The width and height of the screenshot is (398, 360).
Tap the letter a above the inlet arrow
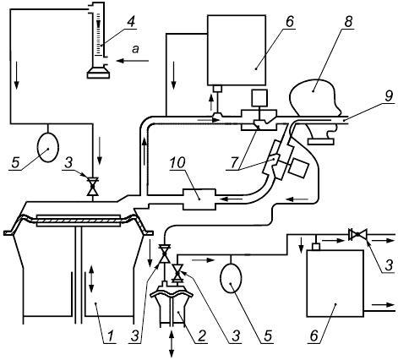click(136, 49)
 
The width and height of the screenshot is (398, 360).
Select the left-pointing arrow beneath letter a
click(134, 60)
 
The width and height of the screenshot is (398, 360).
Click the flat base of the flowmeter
click(98, 74)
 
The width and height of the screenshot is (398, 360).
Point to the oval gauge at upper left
click(48, 147)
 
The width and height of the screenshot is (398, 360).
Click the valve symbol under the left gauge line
click(92, 187)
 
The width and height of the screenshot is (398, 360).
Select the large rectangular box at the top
click(237, 50)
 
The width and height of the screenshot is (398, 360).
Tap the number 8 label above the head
click(348, 21)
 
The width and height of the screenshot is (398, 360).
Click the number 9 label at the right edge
click(389, 95)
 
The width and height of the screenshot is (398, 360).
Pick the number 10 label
click(177, 163)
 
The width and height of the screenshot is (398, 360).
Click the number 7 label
click(233, 164)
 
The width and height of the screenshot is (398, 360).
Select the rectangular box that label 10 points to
click(199, 199)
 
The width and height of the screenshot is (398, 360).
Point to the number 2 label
click(201, 335)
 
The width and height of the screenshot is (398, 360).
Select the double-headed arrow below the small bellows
click(172, 344)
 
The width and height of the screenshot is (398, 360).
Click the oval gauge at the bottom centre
click(231, 278)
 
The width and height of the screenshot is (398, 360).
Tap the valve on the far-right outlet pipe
click(357, 235)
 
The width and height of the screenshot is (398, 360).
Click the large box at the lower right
click(335, 283)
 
